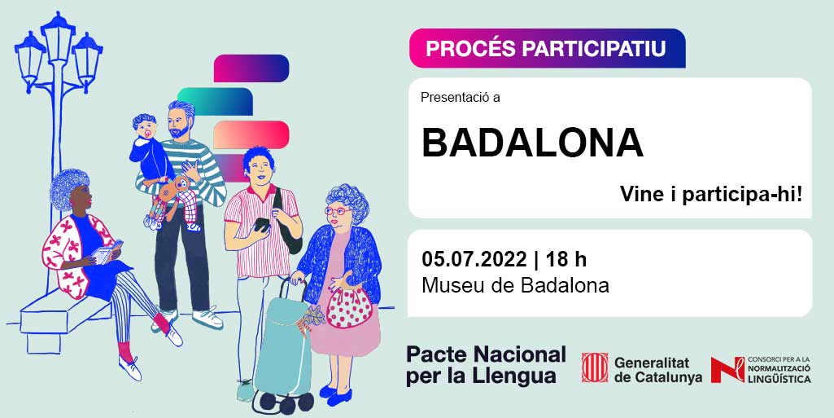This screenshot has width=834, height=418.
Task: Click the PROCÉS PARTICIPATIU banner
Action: [x=547, y=48]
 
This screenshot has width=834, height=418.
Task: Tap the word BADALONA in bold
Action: [x=532, y=143]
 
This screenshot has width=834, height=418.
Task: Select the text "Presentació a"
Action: [x=460, y=98]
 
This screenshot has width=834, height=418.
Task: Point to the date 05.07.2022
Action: [x=474, y=259]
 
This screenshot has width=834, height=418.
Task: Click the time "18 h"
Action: [x=566, y=259]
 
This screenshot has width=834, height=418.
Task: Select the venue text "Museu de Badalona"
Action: [x=515, y=285]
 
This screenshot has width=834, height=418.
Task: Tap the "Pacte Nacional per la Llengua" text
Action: [x=486, y=365]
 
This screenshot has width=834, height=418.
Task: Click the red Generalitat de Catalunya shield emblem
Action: [x=595, y=367]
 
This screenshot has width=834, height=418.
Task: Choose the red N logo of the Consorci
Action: [x=727, y=370]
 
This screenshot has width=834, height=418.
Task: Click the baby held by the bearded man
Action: [x=151, y=160]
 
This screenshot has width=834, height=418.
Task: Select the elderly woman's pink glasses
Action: [x=338, y=211]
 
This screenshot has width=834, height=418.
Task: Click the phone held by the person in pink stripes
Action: [x=261, y=225]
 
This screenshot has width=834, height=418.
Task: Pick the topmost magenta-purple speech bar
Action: [x=251, y=68]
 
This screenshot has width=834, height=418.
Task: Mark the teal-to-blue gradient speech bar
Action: [x=215, y=101]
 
